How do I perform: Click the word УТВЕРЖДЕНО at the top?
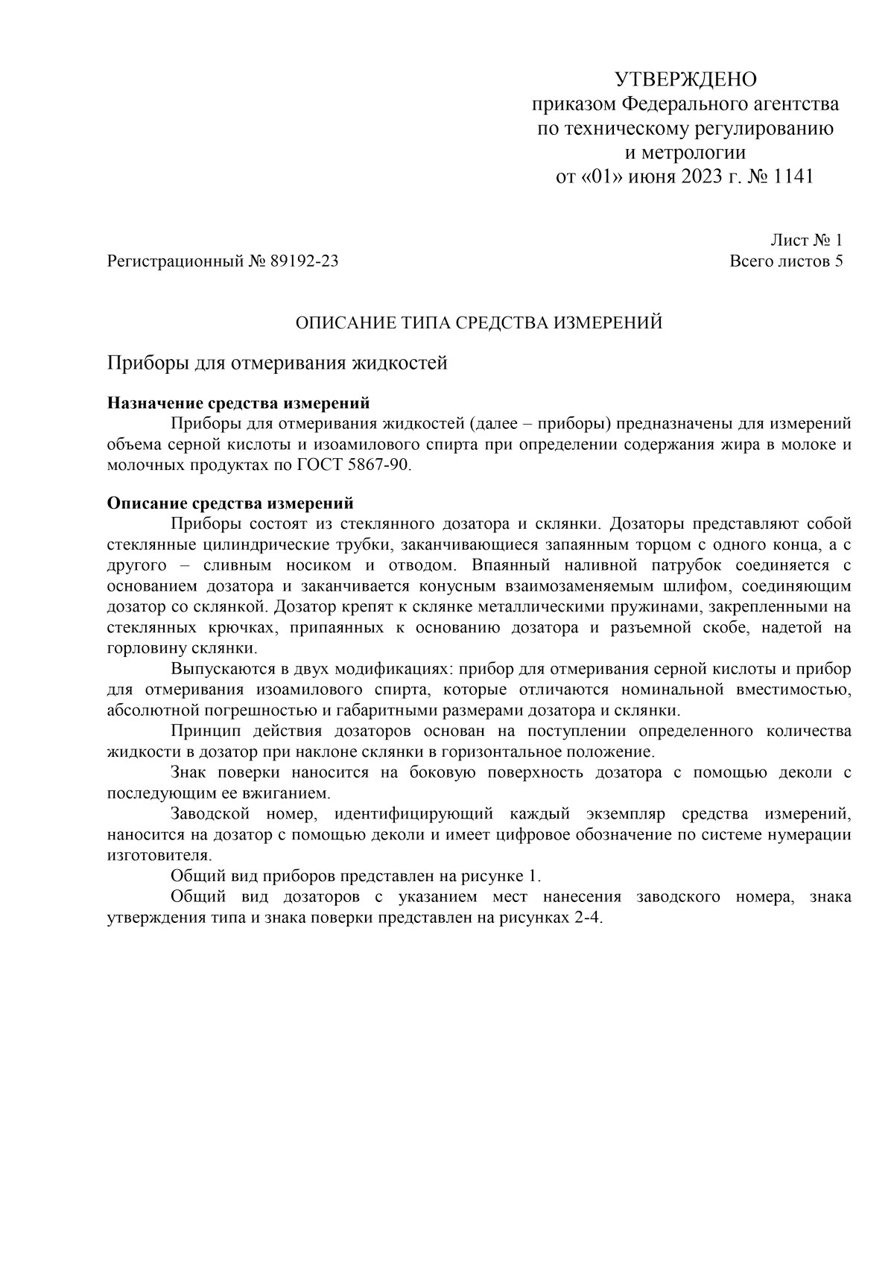click(685, 79)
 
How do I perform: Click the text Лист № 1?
click(806, 240)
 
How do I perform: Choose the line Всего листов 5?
click(786, 261)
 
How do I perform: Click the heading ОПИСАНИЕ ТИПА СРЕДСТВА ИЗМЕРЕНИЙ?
click(479, 323)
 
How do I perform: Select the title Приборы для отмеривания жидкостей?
click(277, 363)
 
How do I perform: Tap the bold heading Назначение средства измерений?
click(238, 404)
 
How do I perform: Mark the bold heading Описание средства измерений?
click(230, 503)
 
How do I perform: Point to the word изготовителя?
click(160, 854)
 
